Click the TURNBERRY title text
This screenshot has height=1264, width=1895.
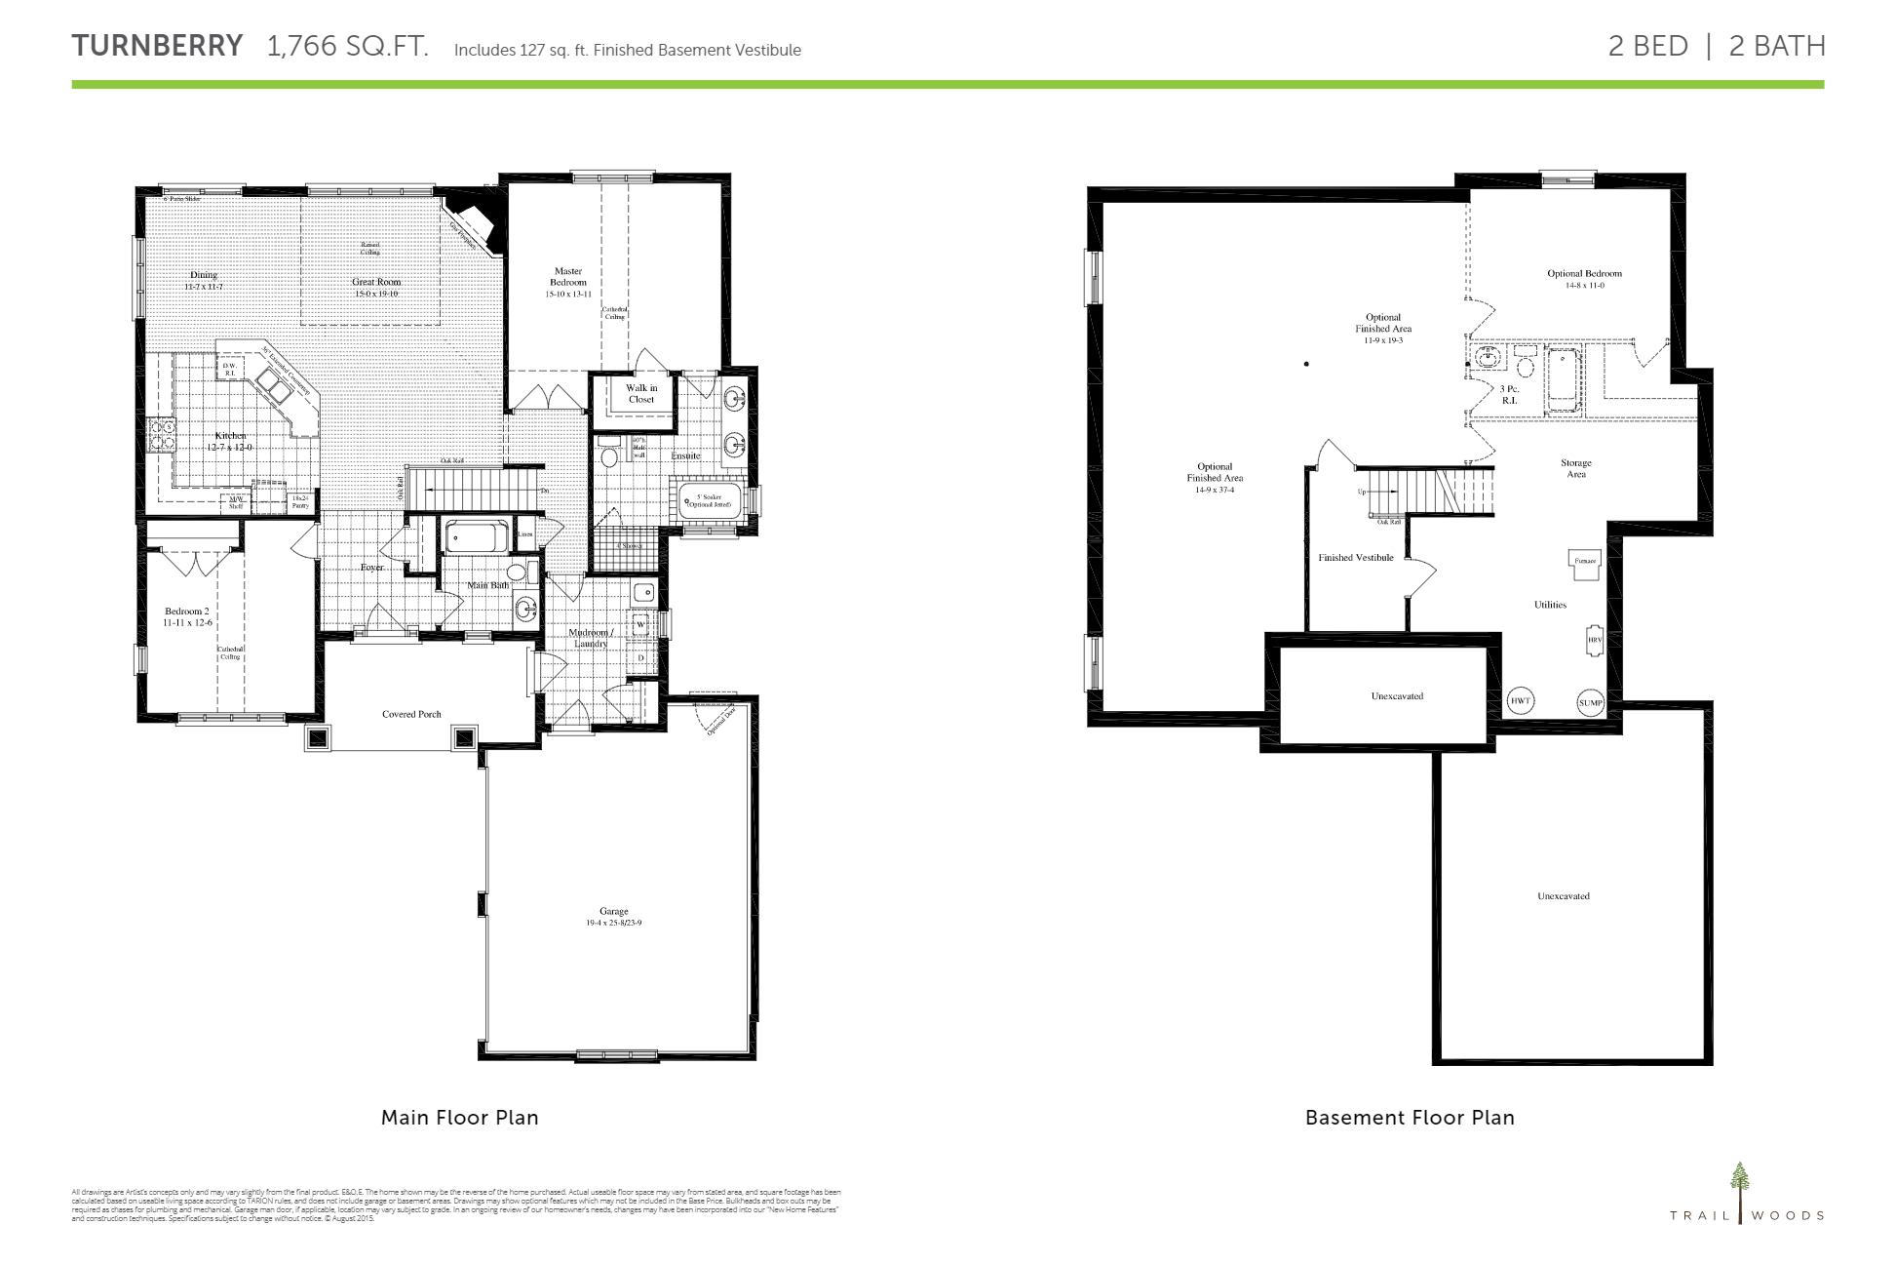pos(157,46)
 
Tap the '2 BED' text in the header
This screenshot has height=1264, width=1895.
pos(1647,46)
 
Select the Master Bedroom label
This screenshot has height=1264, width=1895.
pos(568,277)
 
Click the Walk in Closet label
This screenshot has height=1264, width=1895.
pos(641,393)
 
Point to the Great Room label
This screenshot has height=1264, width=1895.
pos(376,282)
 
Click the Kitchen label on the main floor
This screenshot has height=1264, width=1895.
pos(231,436)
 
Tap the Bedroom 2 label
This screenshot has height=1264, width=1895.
pos(187,612)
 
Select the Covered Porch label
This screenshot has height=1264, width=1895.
pos(411,714)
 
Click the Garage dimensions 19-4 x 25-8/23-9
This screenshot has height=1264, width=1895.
pos(614,923)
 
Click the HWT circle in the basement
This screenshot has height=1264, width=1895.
pos(1521,701)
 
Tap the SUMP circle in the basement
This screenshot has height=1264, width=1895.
pos(1591,702)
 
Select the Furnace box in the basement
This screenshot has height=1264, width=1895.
pos(1584,563)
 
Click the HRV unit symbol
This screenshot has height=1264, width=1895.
pos(1595,640)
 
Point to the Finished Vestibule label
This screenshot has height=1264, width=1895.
pos(1356,558)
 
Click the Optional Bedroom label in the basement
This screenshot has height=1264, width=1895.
pos(1585,273)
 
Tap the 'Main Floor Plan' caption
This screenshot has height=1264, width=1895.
pos(459,1118)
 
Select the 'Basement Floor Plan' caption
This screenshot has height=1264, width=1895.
pos(1410,1118)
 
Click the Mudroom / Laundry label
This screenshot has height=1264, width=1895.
pos(590,638)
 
